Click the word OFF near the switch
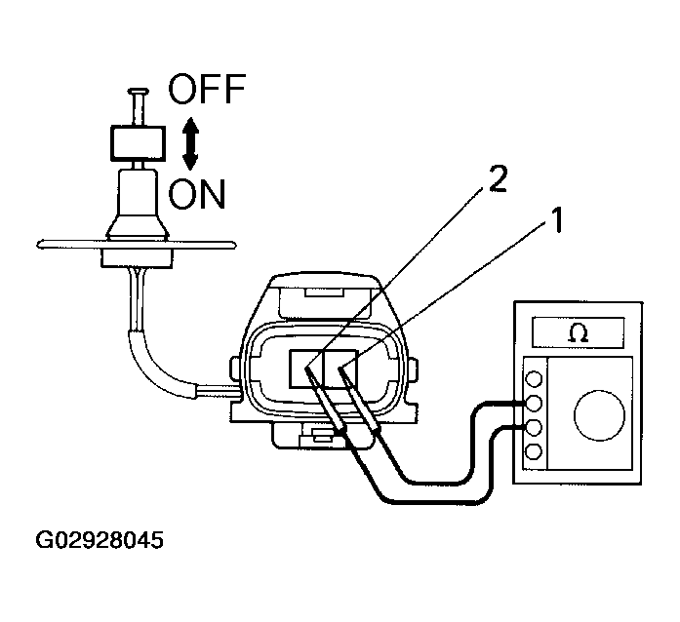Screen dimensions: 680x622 [207, 89]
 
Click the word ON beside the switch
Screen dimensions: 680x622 [197, 194]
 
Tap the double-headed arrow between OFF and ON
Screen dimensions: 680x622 [190, 144]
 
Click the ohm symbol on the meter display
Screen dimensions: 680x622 [579, 332]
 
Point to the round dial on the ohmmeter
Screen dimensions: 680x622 [599, 414]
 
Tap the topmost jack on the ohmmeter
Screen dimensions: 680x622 [534, 379]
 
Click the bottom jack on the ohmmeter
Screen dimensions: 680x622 [534, 451]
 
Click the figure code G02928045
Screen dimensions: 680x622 [100, 540]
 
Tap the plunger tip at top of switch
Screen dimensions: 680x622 [138, 93]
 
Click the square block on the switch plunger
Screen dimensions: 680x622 [138, 143]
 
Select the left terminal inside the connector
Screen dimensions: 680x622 [306, 368]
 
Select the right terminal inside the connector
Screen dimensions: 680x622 [340, 368]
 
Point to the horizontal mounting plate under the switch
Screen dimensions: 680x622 [137, 245]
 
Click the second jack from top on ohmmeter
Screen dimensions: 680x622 [534, 404]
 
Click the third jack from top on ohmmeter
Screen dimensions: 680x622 [534, 428]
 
